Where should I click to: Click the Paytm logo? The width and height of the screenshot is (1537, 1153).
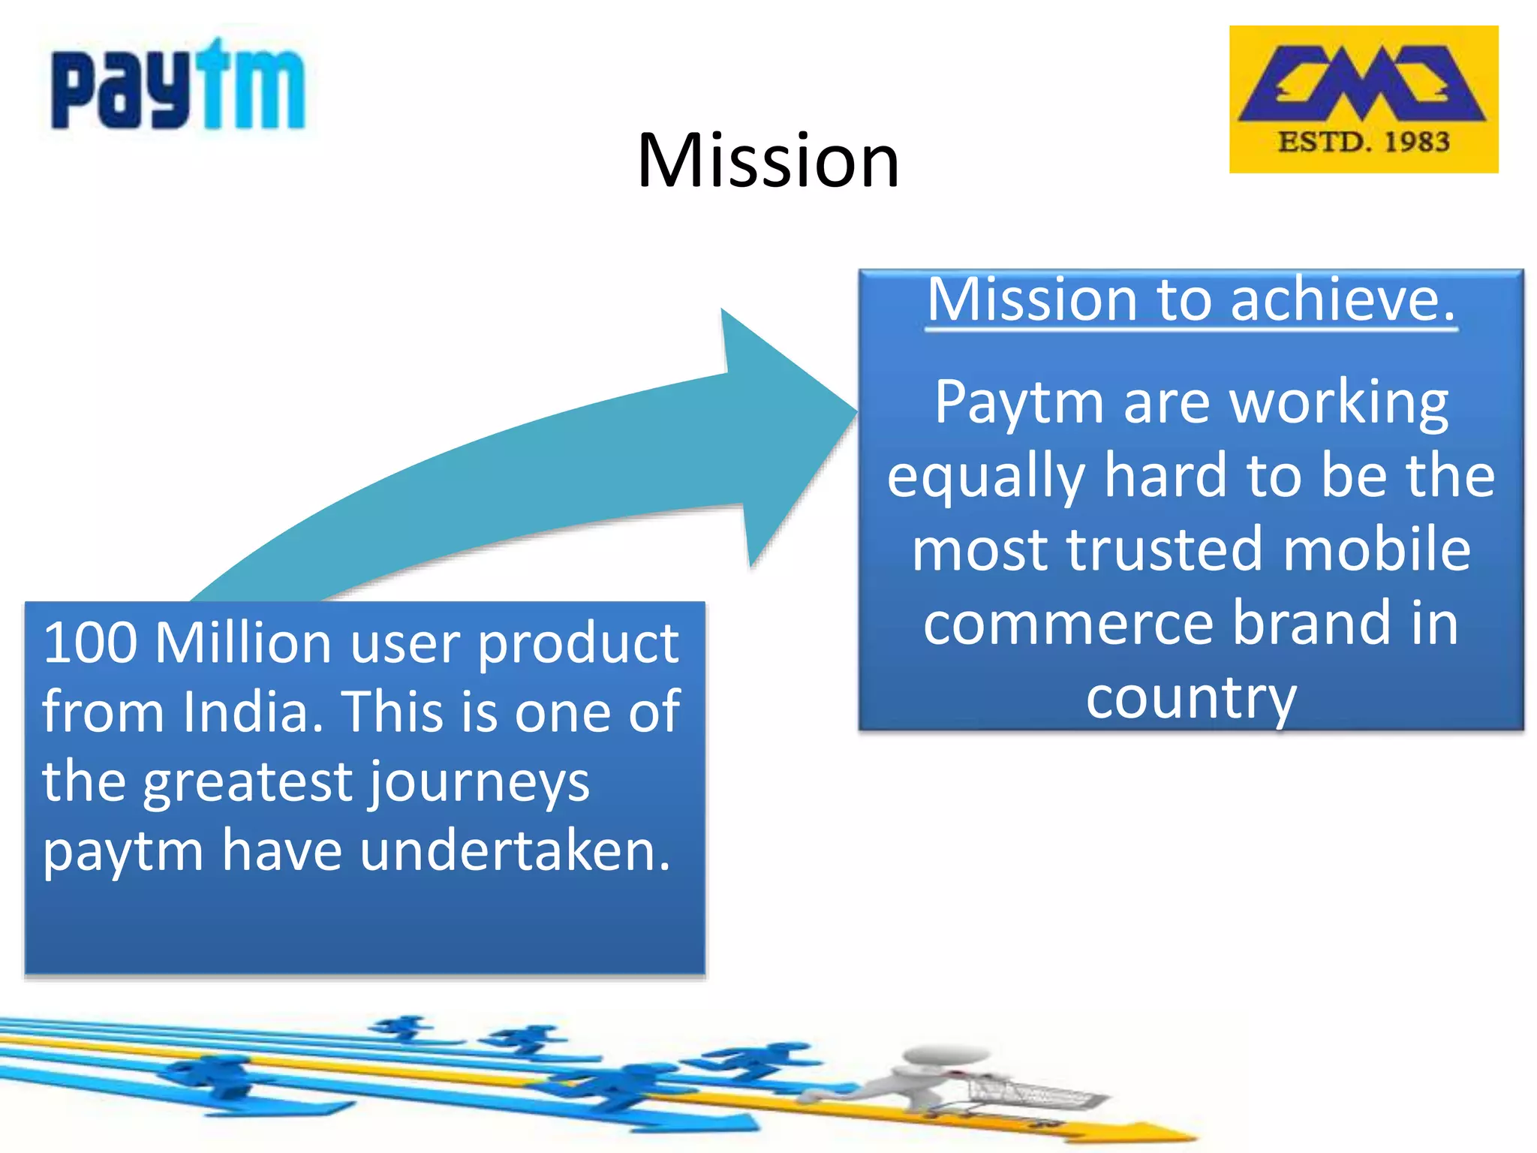178,86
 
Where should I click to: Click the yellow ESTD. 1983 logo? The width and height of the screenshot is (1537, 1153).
1363,99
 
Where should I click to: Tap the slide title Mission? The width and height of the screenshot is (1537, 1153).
768,160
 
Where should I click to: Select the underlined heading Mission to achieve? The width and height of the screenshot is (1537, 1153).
1191,300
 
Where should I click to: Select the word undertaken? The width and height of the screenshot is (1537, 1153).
515,851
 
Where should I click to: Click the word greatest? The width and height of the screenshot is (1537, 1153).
248,783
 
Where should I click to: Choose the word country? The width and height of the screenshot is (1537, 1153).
1191,698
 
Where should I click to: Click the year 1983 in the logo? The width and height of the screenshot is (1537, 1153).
1416,142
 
